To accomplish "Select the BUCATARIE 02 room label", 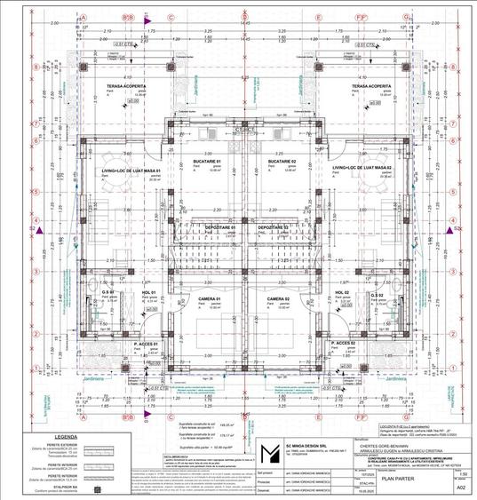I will click(x=282, y=161).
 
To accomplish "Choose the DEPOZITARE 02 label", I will click(x=273, y=227).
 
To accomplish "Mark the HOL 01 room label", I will click(x=148, y=292).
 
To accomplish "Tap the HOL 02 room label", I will click(x=342, y=292).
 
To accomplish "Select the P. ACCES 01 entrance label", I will click(x=146, y=344).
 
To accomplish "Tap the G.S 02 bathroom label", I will click(x=377, y=292).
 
